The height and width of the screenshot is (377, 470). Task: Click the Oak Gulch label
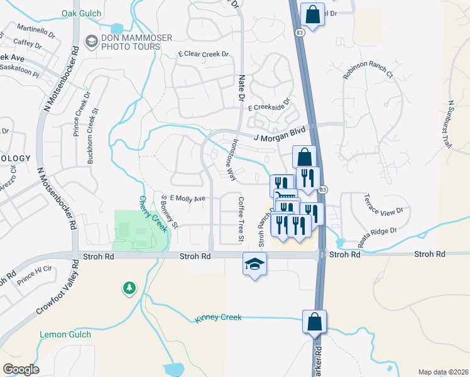coord(82,13)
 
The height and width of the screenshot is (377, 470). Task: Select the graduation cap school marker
coord(255,265)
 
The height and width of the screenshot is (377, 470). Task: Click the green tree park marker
coord(129,288)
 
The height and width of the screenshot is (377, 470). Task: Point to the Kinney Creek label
coord(218,318)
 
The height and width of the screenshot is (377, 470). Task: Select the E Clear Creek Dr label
coord(203,55)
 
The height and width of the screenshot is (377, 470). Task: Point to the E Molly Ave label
coord(189,199)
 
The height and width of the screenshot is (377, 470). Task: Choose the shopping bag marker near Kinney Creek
coord(314,322)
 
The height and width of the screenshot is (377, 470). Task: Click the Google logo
coord(21,369)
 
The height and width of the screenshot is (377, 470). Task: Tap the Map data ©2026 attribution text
coord(443,372)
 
